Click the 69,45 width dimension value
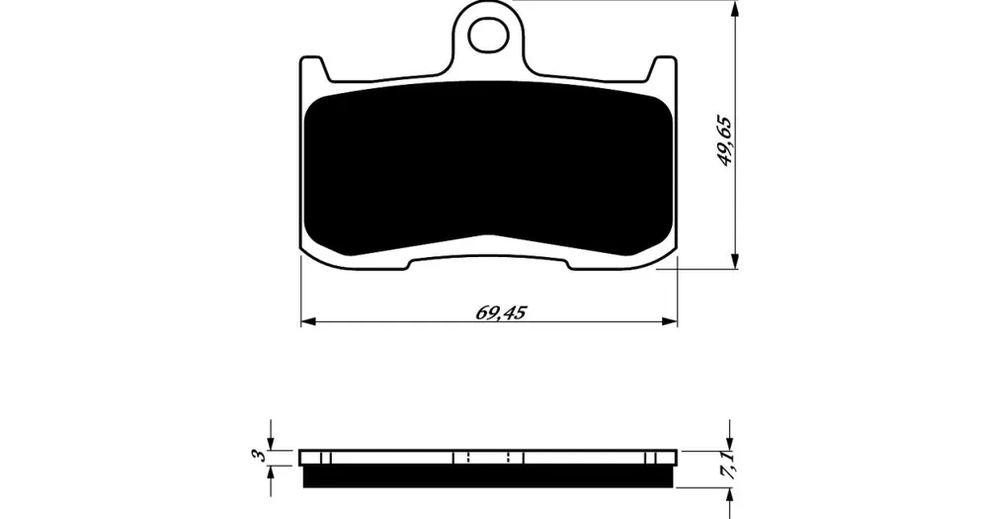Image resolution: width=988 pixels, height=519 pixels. point(501,312)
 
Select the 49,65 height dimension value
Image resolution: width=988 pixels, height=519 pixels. point(726,140)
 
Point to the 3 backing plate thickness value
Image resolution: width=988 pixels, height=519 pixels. point(257,456)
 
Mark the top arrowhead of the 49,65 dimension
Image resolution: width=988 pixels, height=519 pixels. point(733,8)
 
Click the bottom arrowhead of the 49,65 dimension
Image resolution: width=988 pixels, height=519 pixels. point(733,261)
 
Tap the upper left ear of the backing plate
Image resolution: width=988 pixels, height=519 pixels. point(314,68)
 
